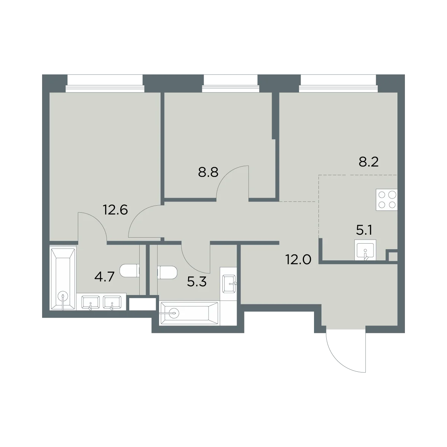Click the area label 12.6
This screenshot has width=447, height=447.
coord(115,210)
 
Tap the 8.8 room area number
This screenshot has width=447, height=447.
coord(208,172)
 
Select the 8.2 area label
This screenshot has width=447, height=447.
coord(369,162)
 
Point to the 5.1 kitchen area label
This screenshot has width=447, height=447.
coord(364,230)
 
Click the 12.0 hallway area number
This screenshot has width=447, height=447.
coord(298,259)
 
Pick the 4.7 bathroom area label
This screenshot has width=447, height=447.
coord(104,277)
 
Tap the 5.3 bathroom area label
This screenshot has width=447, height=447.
coord(197,282)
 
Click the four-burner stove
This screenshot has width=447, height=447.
coord(387,200)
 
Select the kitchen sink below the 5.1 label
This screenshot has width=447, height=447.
coord(365,250)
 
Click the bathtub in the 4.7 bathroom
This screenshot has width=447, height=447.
coord(63,279)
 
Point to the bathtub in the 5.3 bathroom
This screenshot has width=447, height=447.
coord(189,313)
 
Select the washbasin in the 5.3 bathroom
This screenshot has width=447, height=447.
coord(229,284)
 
